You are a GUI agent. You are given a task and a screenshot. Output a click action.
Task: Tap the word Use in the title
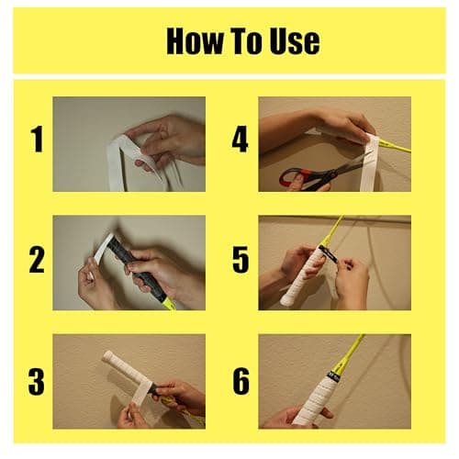(x=295, y=41)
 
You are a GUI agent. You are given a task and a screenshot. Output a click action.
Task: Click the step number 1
(x=38, y=140)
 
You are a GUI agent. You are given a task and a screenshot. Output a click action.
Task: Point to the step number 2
(x=37, y=260)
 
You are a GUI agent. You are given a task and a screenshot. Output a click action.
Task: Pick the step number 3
(x=37, y=381)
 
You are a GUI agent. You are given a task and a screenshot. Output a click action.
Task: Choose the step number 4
(x=240, y=140)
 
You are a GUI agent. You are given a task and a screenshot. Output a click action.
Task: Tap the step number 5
(x=241, y=260)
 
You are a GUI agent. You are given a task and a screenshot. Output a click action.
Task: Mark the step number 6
(x=241, y=381)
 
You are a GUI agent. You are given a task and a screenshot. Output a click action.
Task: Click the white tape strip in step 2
(x=104, y=248)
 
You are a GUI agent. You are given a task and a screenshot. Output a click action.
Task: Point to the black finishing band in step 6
(x=333, y=376)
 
